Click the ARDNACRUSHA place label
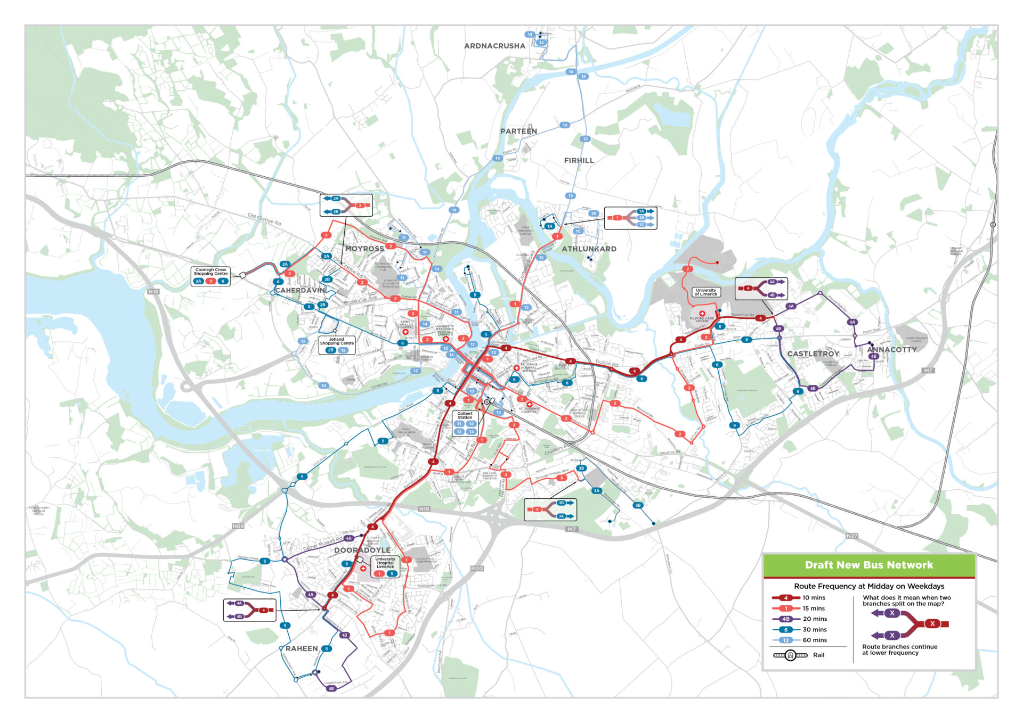tap(494, 46)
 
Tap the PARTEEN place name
tap(518, 131)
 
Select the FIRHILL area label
tap(579, 160)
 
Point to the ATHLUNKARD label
tap(589, 249)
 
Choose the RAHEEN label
tap(302, 648)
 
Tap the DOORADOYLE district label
tap(362, 550)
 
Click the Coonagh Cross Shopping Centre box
tap(210, 275)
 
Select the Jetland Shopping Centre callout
tap(337, 344)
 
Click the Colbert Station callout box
tap(465, 423)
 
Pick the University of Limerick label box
tap(706, 292)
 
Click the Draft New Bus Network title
tap(868, 565)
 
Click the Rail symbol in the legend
tap(791, 655)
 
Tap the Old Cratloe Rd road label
tap(264, 219)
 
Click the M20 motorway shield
tap(477, 569)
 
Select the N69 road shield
tap(238, 526)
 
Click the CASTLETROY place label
tap(813, 354)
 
